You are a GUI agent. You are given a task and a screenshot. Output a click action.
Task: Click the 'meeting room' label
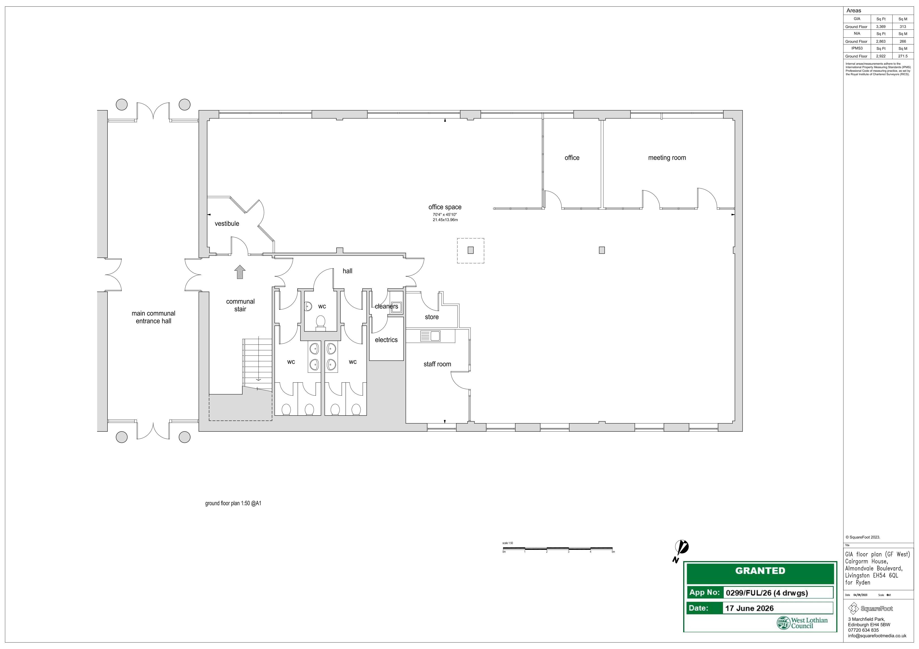667,158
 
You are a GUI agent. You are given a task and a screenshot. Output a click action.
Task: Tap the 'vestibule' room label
227,224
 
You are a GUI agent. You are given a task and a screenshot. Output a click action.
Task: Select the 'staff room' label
437,364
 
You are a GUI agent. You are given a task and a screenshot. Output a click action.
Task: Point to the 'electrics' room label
386,340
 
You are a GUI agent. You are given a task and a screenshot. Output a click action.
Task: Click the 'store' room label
431,317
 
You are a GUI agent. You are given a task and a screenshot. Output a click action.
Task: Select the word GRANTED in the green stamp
760,571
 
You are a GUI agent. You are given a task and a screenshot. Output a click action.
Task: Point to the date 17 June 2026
749,608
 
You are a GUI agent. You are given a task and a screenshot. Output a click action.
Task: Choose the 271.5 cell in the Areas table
903,56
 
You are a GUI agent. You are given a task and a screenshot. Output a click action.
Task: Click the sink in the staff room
430,336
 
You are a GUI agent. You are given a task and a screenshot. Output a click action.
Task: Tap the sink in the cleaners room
396,307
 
